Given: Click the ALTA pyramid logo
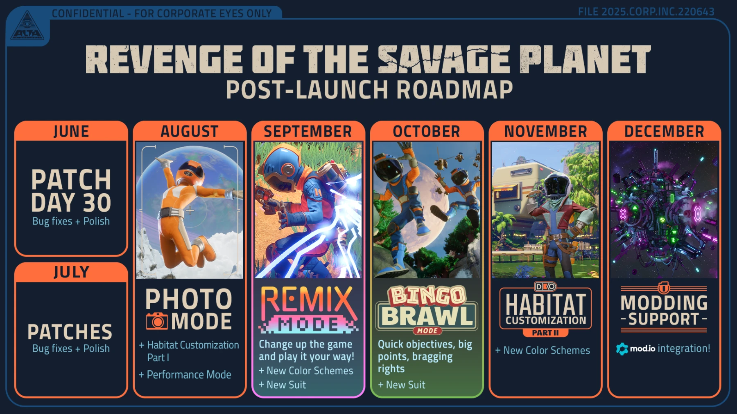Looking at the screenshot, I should click(27, 27).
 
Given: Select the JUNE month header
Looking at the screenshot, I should click(71, 132).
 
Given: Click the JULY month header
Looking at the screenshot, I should click(71, 272).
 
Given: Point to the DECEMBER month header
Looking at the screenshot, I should click(664, 132).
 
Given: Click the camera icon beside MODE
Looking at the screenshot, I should click(157, 321).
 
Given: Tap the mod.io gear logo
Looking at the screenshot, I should click(622, 349).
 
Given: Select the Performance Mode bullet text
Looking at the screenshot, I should click(189, 375).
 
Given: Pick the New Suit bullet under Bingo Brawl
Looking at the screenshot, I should click(405, 385).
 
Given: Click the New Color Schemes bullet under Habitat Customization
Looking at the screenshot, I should click(546, 351).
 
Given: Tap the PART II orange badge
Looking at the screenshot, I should click(545, 333).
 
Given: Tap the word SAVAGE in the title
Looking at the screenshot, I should click(444, 60).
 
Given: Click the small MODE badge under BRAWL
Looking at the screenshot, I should click(427, 331).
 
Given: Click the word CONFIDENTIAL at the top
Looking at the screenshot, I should click(88, 13).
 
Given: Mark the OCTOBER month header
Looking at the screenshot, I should click(427, 132).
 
